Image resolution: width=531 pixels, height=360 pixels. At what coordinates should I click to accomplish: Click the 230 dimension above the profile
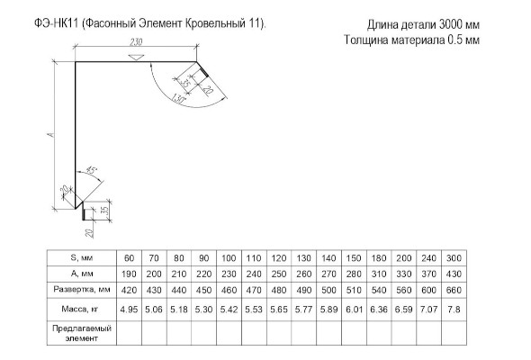pyautogui.click(x=136, y=42)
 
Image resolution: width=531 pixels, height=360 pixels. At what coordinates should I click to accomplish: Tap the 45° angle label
pyautogui.click(x=92, y=169)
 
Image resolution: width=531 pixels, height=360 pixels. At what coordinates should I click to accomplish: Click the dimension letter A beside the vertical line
pyautogui.click(x=51, y=135)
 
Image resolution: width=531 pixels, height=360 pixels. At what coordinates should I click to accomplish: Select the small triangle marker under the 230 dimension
pyautogui.click(x=136, y=57)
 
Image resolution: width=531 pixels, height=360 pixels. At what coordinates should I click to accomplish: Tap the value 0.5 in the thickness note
pyautogui.click(x=454, y=40)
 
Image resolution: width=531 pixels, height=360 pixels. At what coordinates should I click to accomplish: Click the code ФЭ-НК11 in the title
pyautogui.click(x=56, y=23)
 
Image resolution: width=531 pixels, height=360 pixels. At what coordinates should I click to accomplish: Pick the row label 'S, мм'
pyautogui.click(x=82, y=258)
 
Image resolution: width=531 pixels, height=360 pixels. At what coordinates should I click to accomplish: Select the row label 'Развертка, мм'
pyautogui.click(x=82, y=290)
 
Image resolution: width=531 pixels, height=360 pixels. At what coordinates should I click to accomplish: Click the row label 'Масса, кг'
pyautogui.click(x=80, y=309)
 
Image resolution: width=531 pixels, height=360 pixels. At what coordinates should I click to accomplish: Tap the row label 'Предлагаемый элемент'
pyautogui.click(x=82, y=333)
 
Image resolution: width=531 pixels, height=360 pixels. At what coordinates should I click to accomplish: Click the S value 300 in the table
pyautogui.click(x=454, y=258)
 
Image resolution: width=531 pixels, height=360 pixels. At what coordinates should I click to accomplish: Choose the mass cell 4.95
pyautogui.click(x=129, y=310)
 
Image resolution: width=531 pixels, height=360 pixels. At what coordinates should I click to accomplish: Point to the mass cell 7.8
pyautogui.click(x=454, y=310)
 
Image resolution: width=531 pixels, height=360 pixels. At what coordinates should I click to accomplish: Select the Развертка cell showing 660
pyautogui.click(x=454, y=290)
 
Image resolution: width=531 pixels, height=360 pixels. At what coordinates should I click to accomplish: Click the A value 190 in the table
pyautogui.click(x=129, y=274)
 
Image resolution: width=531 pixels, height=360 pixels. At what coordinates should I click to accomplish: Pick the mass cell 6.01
pyautogui.click(x=354, y=310)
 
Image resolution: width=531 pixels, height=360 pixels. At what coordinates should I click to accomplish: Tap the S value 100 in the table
pyautogui.click(x=229, y=258)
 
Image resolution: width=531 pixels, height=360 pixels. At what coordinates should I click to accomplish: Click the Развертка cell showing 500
pyautogui.click(x=328, y=290)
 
